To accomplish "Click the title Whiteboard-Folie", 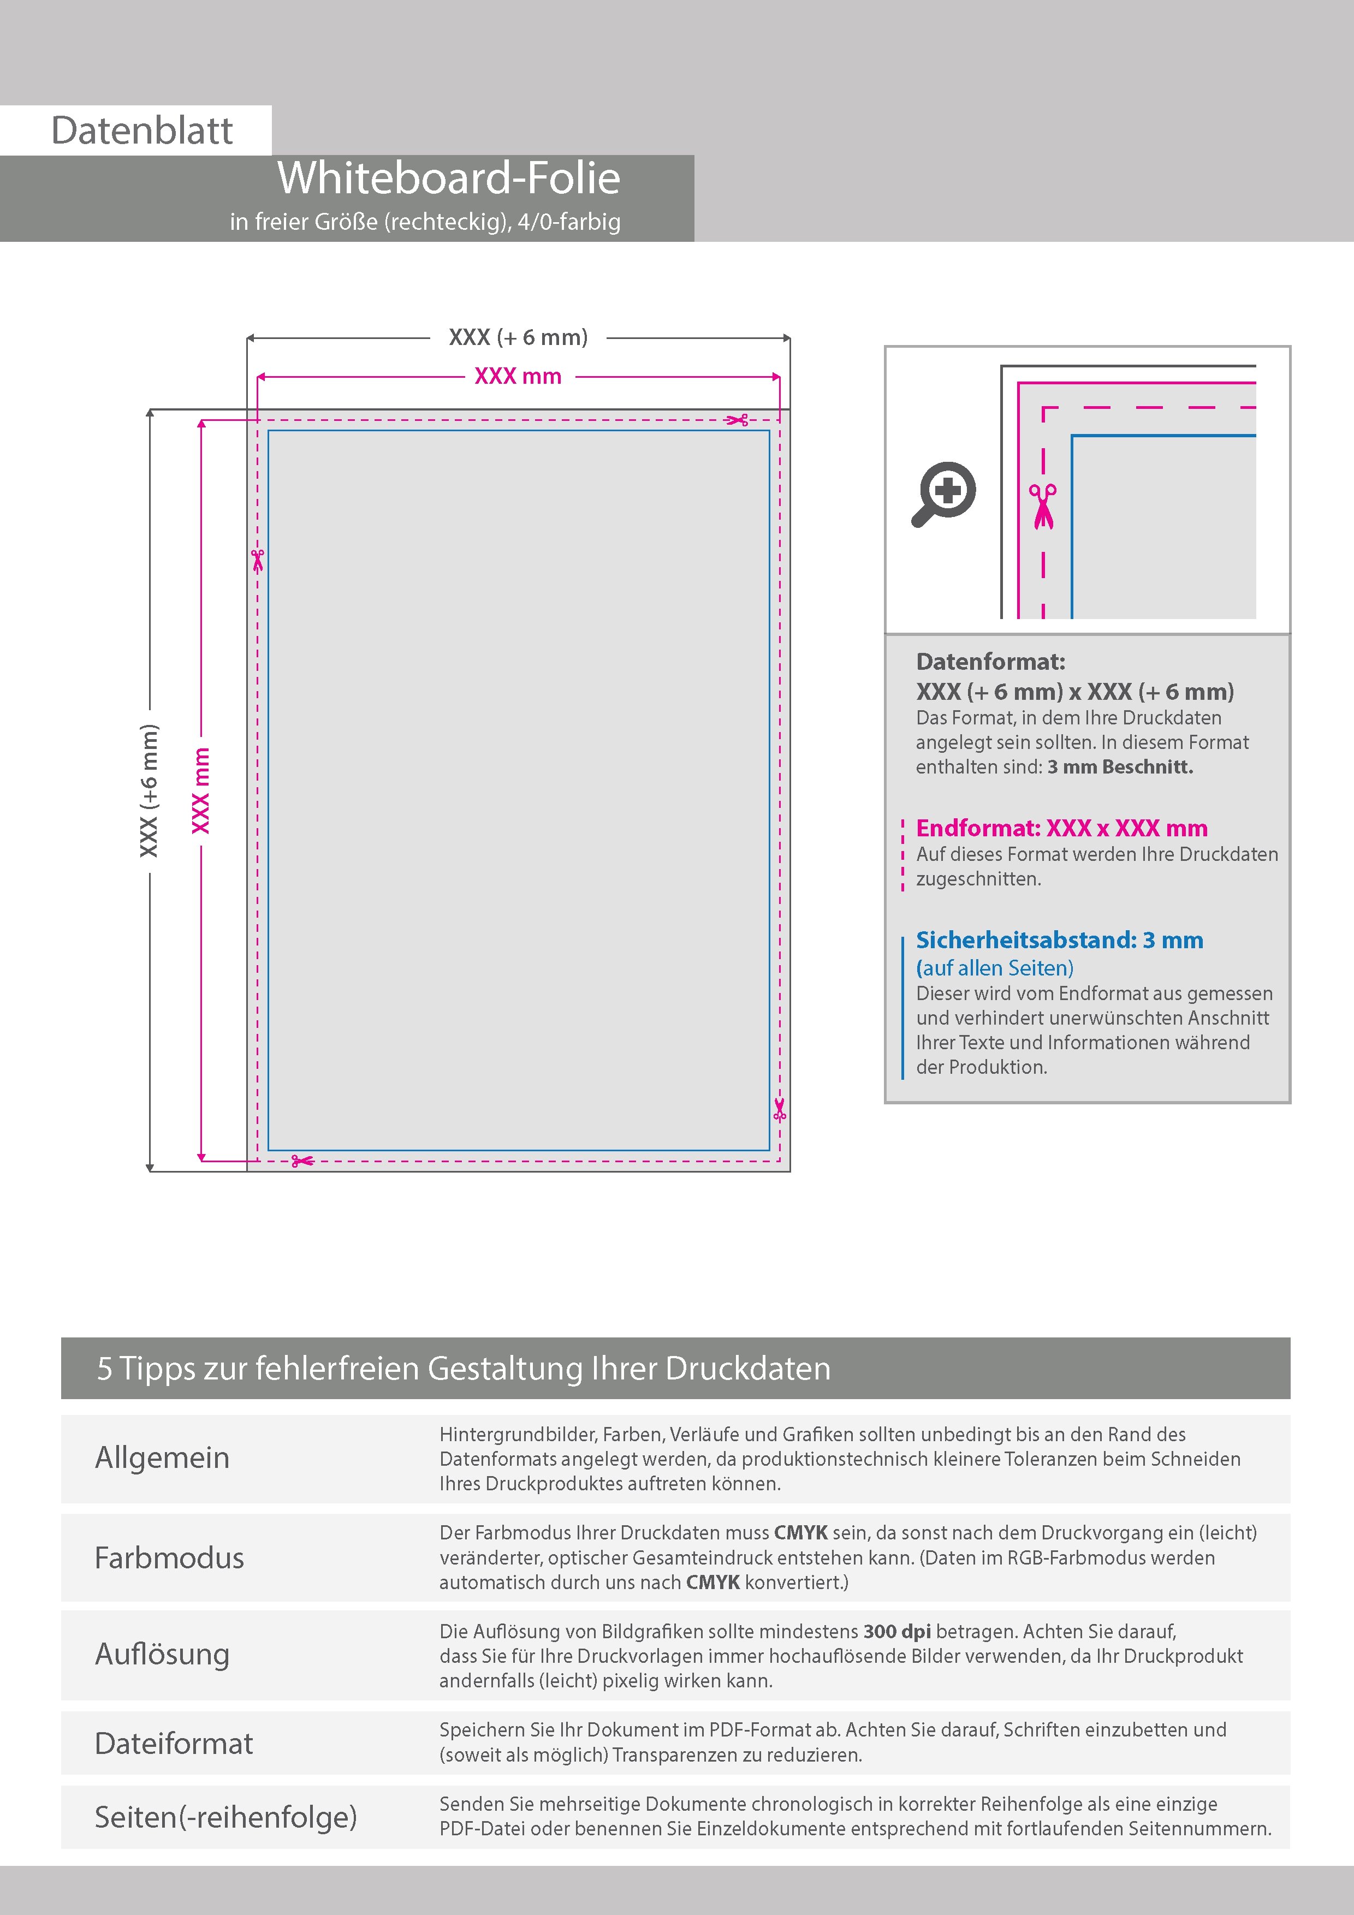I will [x=449, y=179].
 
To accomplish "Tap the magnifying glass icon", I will [x=943, y=494].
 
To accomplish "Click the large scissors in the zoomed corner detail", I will [x=1042, y=506].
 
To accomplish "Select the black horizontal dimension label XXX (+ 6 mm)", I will [x=518, y=338].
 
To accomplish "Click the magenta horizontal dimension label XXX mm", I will [x=518, y=376].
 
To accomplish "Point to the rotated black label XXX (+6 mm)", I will [x=149, y=790].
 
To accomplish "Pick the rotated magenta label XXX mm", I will [x=201, y=790].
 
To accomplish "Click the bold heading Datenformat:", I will [x=990, y=662].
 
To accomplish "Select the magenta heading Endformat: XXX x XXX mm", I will [x=1061, y=828].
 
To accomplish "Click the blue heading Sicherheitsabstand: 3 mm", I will [x=1060, y=940].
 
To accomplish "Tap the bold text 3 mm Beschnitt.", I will [x=1120, y=768].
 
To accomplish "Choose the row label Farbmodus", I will [x=169, y=1558].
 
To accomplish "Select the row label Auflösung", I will [x=162, y=1654].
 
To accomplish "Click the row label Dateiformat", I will [x=174, y=1743].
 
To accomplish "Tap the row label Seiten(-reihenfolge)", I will [x=225, y=1817].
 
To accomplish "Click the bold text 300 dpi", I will [x=897, y=1632].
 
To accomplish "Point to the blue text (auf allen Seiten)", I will [x=994, y=968].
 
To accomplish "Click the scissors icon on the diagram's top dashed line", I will [x=738, y=420].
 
